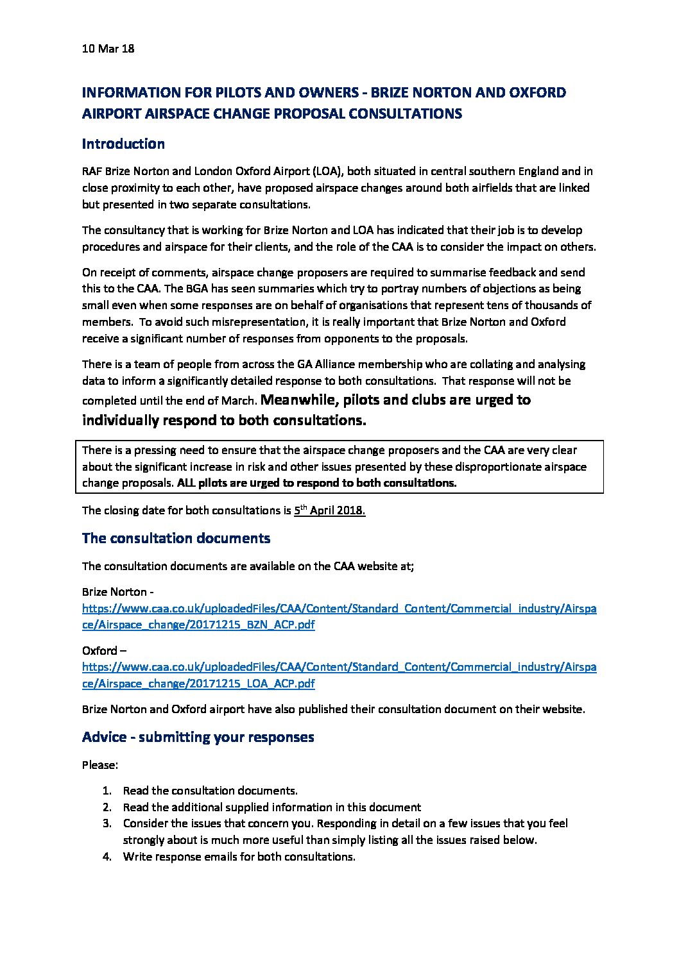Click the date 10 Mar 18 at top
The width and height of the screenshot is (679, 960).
(x=108, y=49)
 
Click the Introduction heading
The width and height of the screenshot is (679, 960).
(x=123, y=144)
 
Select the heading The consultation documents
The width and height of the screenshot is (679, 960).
(x=176, y=538)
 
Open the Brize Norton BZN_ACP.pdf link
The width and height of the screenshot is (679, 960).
(x=339, y=616)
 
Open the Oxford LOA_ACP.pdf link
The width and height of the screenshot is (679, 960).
(x=339, y=675)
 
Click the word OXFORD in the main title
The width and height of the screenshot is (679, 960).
(x=537, y=92)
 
